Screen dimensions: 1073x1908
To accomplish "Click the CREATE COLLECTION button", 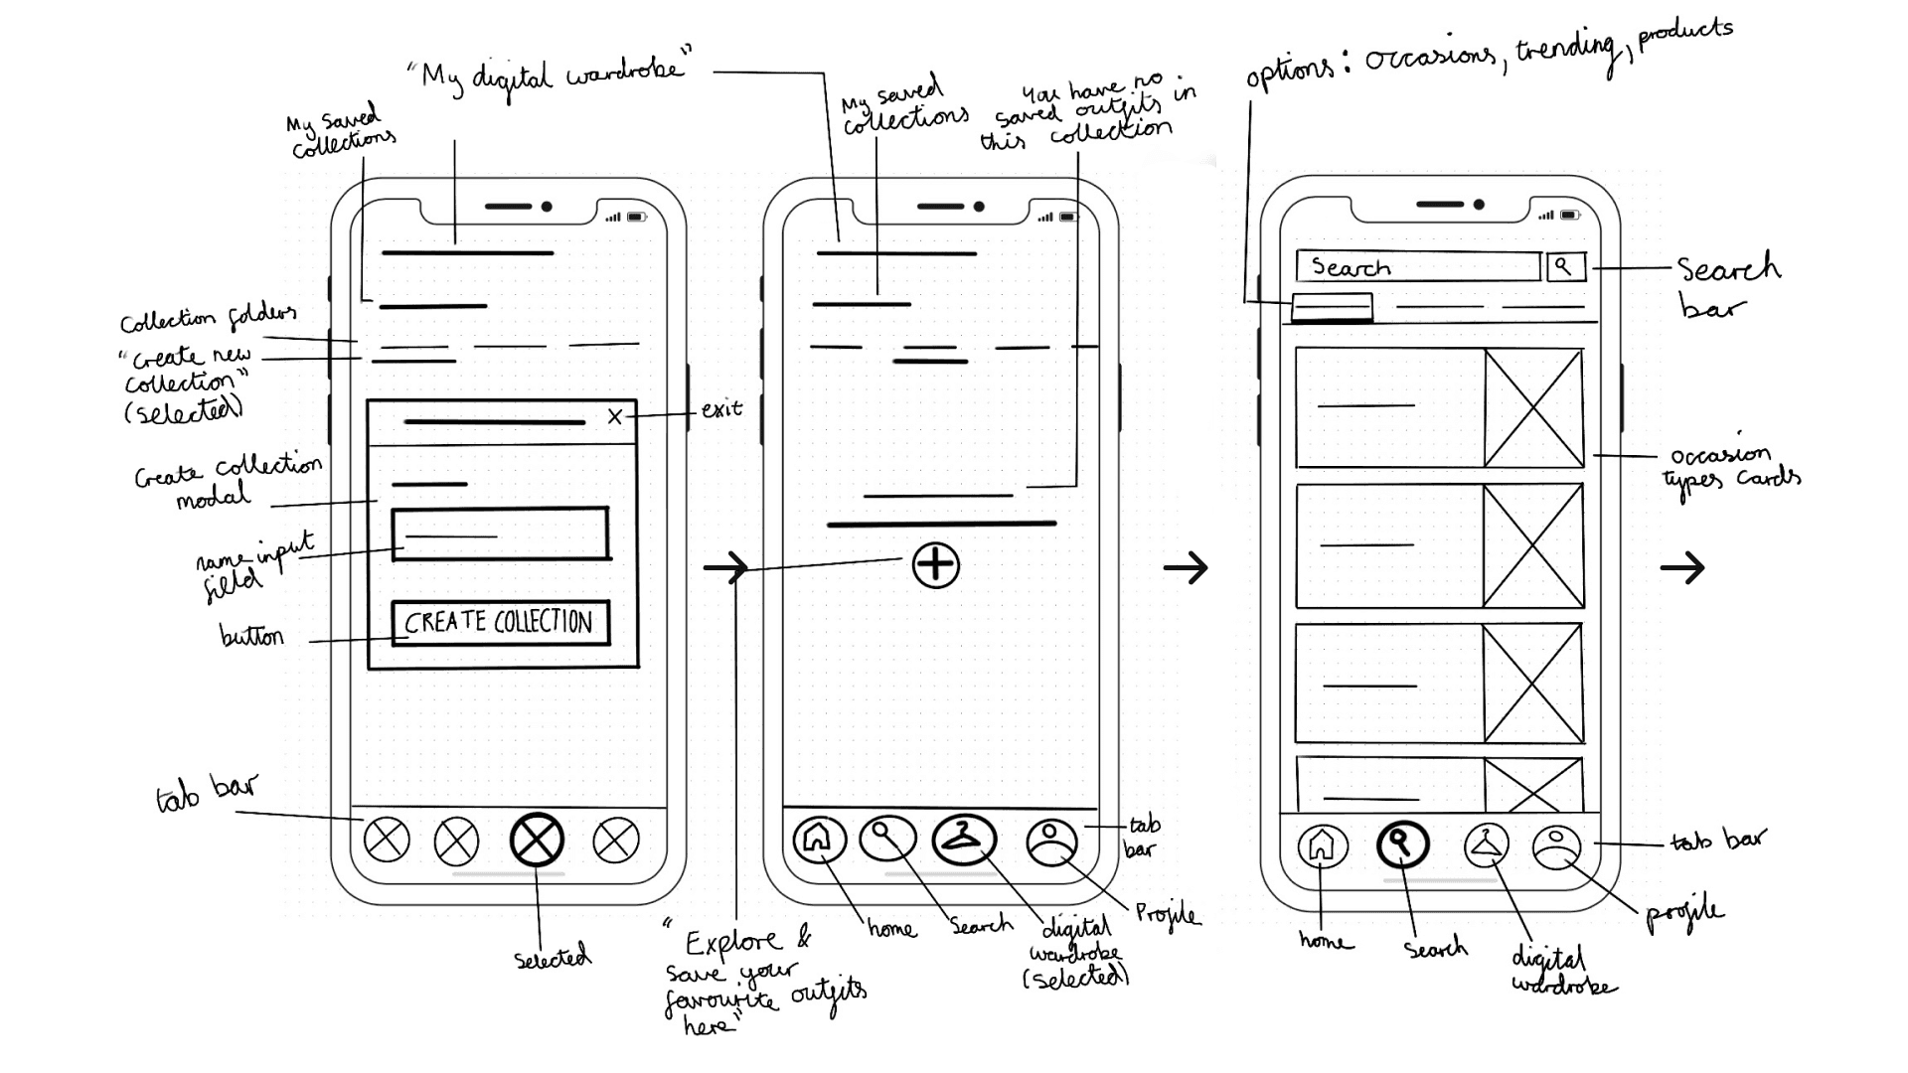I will click(x=500, y=623).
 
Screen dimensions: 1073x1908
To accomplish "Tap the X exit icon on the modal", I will click(x=615, y=417).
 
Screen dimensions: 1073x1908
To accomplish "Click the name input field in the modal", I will click(x=500, y=535).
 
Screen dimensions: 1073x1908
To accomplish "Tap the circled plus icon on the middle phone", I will click(x=935, y=565).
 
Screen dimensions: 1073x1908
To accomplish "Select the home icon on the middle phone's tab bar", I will click(x=818, y=839).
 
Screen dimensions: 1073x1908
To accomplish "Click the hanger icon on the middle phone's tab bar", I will click(x=963, y=840).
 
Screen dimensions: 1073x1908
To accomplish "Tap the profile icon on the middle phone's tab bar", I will click(x=1050, y=843).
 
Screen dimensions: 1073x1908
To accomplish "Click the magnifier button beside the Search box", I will click(x=1565, y=266).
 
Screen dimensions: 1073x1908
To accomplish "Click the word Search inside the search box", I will click(x=1351, y=267).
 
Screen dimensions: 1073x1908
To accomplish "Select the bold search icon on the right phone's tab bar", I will click(x=1401, y=844).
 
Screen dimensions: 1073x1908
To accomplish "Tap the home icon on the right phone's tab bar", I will click(x=1322, y=846).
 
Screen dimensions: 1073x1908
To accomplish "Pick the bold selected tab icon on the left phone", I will click(x=537, y=840).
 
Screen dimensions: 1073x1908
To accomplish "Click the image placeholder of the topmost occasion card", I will click(x=1533, y=407).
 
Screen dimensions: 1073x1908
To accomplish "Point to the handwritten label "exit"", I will click(x=721, y=408).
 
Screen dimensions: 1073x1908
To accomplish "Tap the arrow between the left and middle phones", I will click(x=725, y=568).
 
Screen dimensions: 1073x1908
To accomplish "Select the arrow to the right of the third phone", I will click(x=1681, y=568).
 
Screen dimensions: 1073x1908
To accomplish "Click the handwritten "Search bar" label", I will click(x=1727, y=286).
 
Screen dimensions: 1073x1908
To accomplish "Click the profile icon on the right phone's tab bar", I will click(x=1556, y=847).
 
